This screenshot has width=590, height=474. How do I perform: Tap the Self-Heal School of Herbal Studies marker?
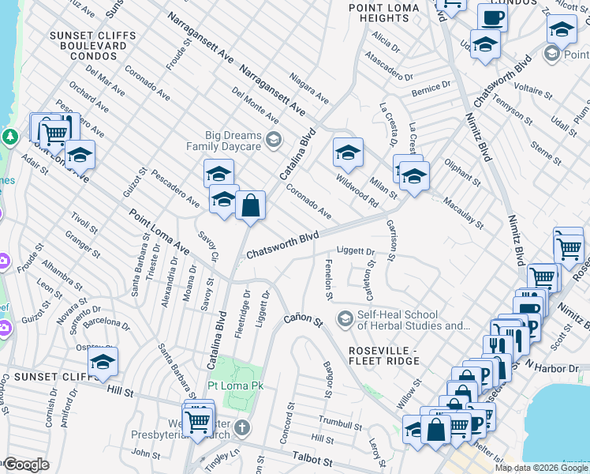click(x=344, y=319)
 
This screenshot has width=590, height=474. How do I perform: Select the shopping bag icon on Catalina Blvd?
click(x=250, y=207)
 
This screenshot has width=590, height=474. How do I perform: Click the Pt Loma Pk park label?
click(x=235, y=386)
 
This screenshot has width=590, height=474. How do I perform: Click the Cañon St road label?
click(x=304, y=321)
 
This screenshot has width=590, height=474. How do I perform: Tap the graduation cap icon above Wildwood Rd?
click(x=347, y=152)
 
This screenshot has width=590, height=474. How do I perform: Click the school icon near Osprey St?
click(x=103, y=363)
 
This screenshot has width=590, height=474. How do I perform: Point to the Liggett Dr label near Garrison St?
click(x=354, y=251)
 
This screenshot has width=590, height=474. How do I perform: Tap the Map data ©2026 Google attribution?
click(x=541, y=468)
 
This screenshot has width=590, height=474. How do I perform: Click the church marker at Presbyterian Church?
click(x=242, y=428)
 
